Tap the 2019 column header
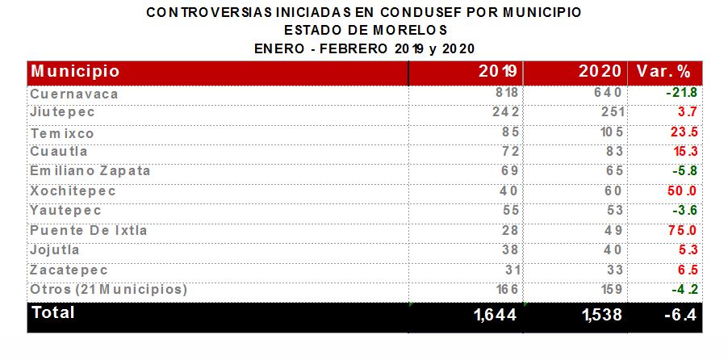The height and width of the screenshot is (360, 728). pos(498,71)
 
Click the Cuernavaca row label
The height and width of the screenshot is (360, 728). pos(74,94)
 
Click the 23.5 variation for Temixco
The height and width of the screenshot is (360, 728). pos(681,133)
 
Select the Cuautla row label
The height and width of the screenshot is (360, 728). pos(59,152)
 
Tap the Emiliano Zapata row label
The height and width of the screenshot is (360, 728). pos(90,171)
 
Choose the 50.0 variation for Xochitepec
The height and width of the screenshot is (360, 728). pos(681,191)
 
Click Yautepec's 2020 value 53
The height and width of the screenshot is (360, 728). pos(614,211)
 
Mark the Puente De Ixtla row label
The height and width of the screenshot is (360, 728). pos(89,231)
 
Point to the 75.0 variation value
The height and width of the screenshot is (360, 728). pos(681,231)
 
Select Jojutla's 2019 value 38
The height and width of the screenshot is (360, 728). pos(508,250)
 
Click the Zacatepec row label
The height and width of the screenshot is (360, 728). pos(69,270)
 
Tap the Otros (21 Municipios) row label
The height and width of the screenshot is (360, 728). pos(108,289)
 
